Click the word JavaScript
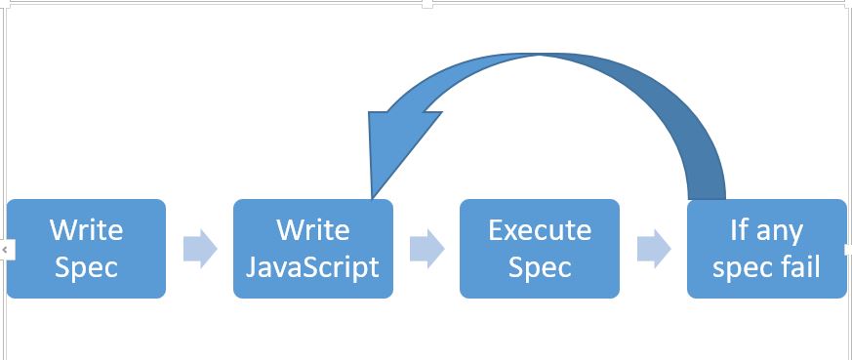(x=312, y=267)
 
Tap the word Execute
(x=540, y=230)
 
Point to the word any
(x=780, y=231)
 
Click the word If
(x=741, y=230)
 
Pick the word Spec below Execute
(x=540, y=267)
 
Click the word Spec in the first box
(x=86, y=267)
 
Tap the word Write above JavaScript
(x=312, y=230)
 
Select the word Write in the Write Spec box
(x=86, y=230)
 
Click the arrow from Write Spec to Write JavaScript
(x=199, y=249)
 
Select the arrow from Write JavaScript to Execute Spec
(x=426, y=249)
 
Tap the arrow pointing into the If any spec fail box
(x=653, y=249)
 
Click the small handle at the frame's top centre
(x=426, y=4)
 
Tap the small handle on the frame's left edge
(x=4, y=250)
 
